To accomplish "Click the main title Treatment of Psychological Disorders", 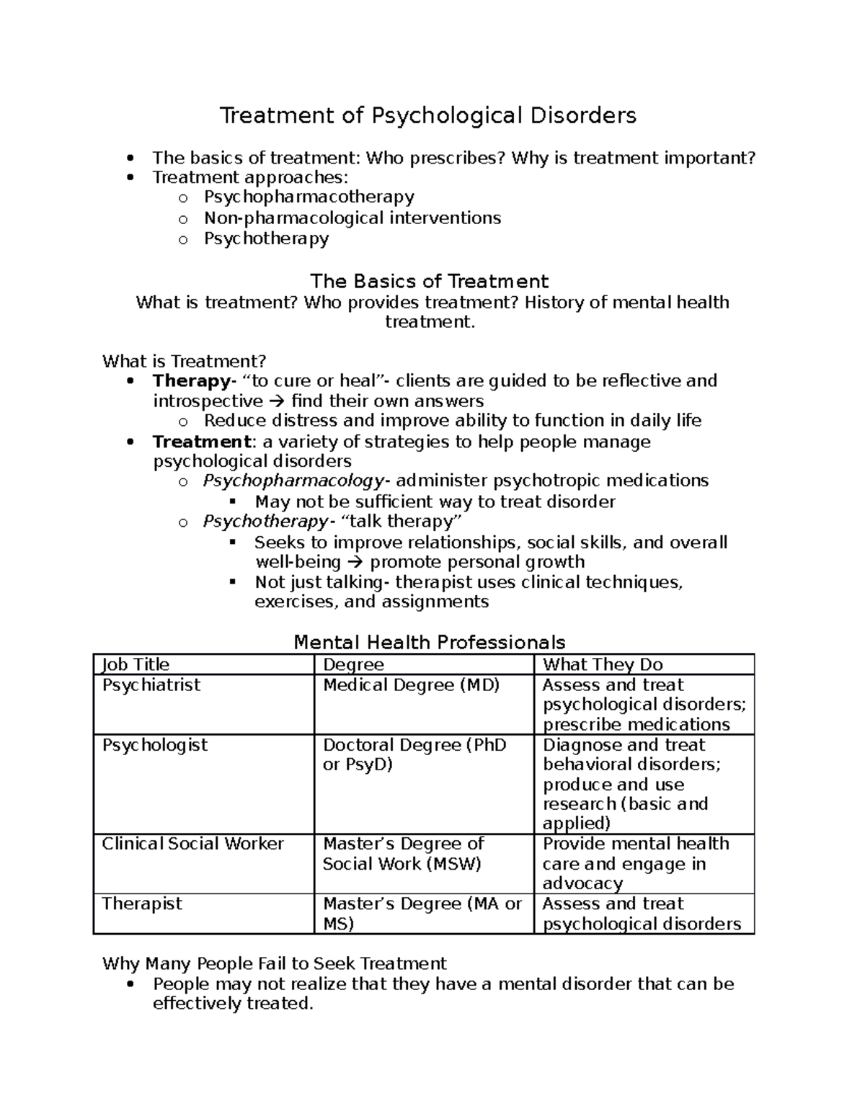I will pyautogui.click(x=428, y=115).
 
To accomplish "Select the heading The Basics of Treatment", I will pyautogui.click(x=429, y=281).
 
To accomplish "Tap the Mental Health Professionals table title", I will pyautogui.click(x=430, y=642).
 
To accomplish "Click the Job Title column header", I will pyautogui.click(x=136, y=664).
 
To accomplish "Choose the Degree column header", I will pyautogui.click(x=353, y=664).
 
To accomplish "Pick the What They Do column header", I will pyautogui.click(x=603, y=664).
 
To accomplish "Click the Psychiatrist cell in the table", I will pyautogui.click(x=151, y=685).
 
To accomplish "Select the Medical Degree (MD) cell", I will pyautogui.click(x=412, y=685).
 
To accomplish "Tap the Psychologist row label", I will pyautogui.click(x=155, y=745).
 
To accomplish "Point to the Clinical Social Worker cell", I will pyautogui.click(x=193, y=844).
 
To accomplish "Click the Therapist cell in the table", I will pyautogui.click(x=142, y=904).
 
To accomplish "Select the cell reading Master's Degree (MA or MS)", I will pyautogui.click(x=422, y=913).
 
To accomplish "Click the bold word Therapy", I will pyautogui.click(x=191, y=380).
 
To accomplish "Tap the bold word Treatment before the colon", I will pyautogui.click(x=201, y=441).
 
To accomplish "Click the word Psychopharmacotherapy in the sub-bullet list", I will pyautogui.click(x=309, y=197).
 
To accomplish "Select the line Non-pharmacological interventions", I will pyautogui.click(x=352, y=218).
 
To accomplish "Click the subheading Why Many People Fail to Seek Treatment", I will pyautogui.click(x=275, y=963).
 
